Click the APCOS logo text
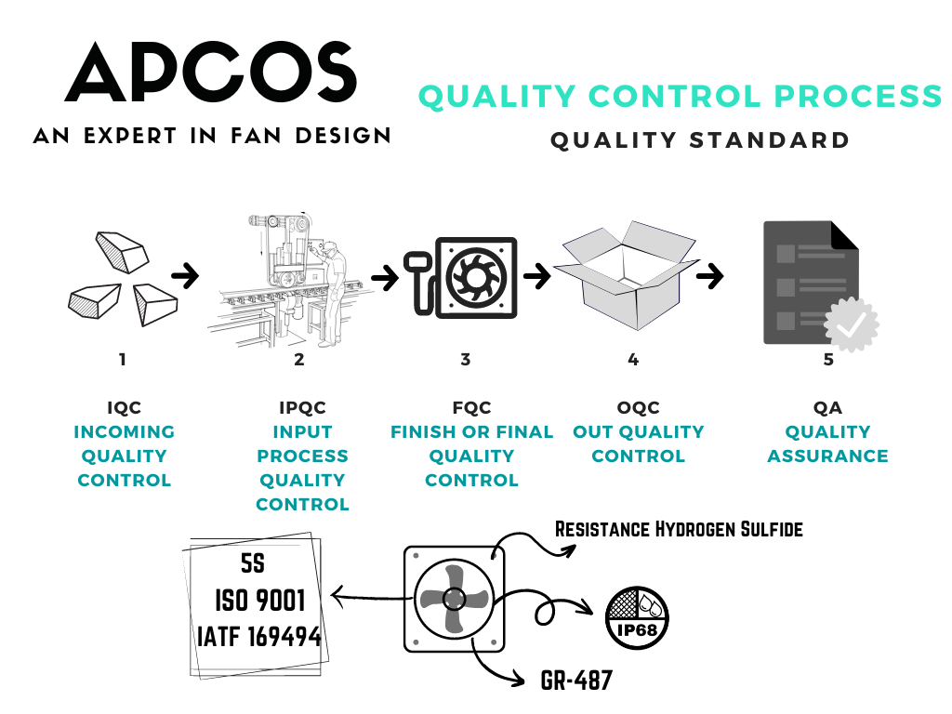click(211, 73)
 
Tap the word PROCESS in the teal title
click(858, 97)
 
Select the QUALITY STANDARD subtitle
click(699, 140)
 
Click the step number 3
click(466, 360)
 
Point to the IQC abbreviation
click(124, 407)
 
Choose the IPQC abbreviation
click(302, 407)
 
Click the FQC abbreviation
click(471, 407)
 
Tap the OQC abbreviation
click(638, 407)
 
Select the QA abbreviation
click(827, 407)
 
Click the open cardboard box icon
click(627, 275)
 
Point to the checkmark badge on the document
click(852, 324)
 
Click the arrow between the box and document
click(709, 276)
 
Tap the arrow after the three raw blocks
click(185, 275)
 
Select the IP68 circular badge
click(637, 618)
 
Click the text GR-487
click(576, 681)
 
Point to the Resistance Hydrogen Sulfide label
click(679, 529)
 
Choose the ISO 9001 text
click(260, 601)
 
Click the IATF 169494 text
click(259, 637)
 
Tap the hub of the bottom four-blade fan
click(454, 600)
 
